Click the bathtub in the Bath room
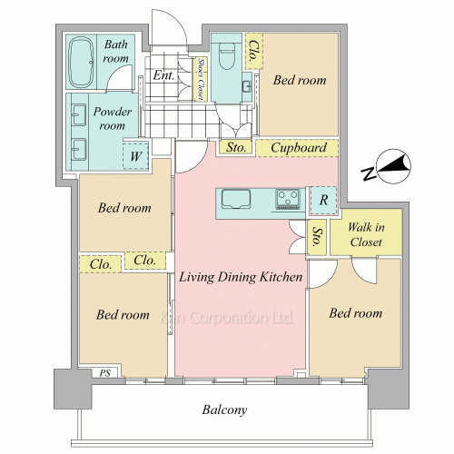coord(81,63)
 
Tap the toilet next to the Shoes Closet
coord(226,55)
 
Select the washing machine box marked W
coord(135,155)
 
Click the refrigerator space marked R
coord(323,200)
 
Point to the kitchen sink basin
coord(236,199)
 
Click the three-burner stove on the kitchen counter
coord(288,200)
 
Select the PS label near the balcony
coord(105,373)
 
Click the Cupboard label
coord(299,148)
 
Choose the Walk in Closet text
coord(366,234)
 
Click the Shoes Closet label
coord(200,79)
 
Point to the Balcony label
coord(224,410)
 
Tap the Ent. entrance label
coord(163,75)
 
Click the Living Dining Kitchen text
coord(241,277)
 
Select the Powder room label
coord(113,119)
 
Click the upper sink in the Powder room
coord(79,114)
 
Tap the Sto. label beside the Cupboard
coord(236,148)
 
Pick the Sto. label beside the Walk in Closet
coord(317,237)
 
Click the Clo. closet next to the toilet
coord(253,51)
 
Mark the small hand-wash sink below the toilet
coord(246,87)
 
